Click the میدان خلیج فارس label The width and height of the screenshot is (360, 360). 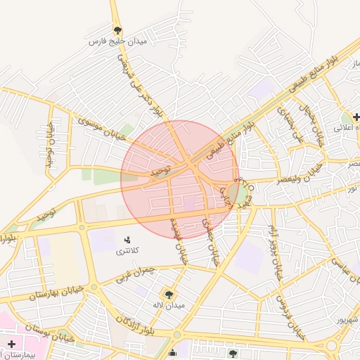(116, 42)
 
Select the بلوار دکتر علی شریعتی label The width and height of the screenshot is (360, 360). (143, 87)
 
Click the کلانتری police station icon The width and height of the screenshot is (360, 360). (127, 241)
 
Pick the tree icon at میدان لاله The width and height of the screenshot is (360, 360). (169, 294)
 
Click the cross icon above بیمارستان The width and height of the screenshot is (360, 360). (12, 345)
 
